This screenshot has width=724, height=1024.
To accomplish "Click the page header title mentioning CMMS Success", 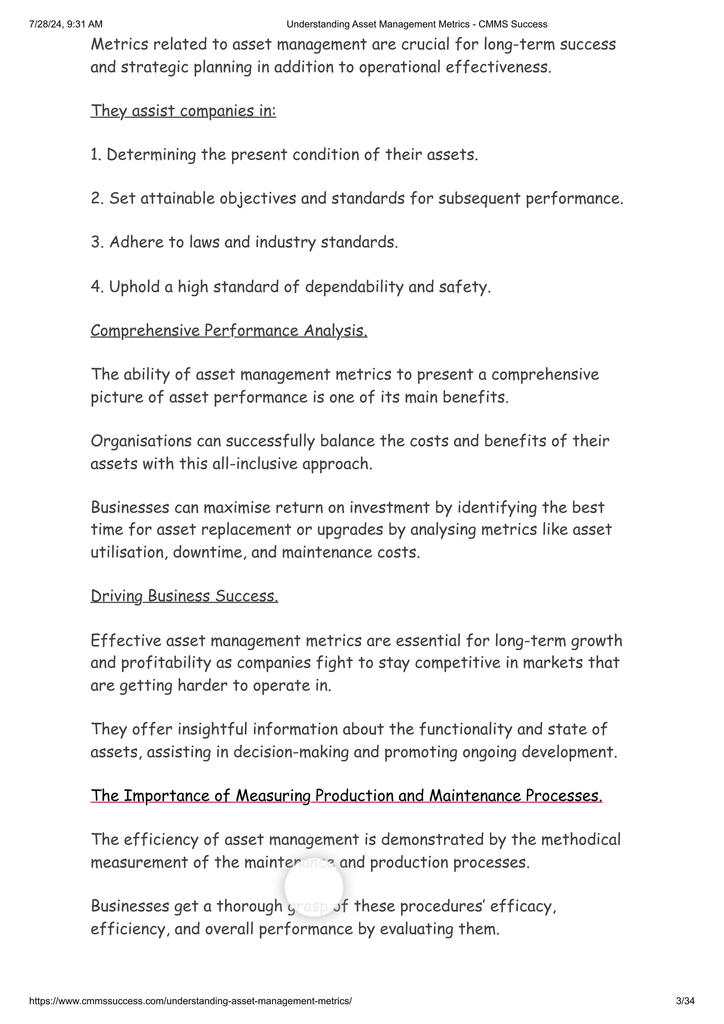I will (417, 24).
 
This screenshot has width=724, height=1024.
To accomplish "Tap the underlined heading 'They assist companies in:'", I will (183, 111).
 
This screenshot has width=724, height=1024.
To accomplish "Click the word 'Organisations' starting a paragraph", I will (141, 441).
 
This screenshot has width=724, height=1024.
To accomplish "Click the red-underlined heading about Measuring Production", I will (346, 796).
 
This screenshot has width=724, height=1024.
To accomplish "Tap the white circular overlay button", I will (314, 887).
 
